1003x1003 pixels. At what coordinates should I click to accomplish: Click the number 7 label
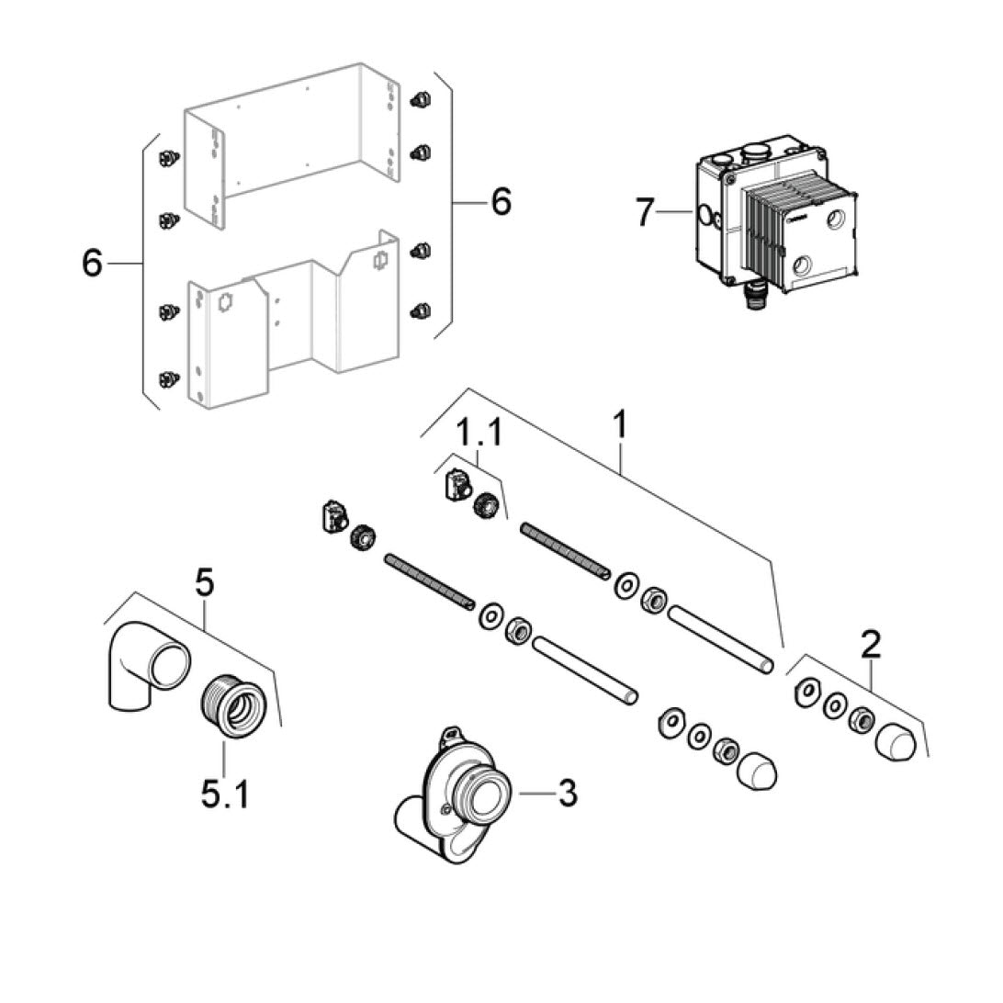(645, 213)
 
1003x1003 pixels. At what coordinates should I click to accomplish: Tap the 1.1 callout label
(480, 433)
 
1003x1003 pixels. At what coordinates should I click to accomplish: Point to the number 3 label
(568, 792)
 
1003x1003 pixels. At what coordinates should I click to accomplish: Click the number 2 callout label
(870, 644)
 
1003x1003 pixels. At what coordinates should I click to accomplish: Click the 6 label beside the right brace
(501, 200)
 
